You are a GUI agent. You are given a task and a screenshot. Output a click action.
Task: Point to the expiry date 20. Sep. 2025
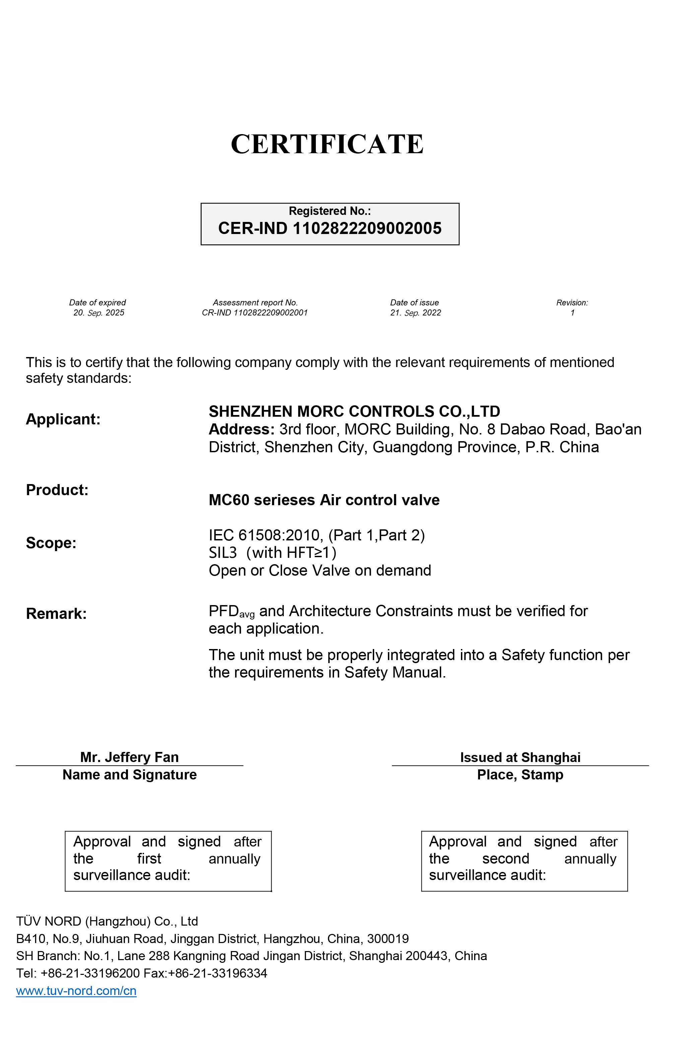point(99,313)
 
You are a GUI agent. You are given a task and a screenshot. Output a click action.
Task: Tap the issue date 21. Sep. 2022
point(415,313)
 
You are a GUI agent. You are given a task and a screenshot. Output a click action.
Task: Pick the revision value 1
point(572,313)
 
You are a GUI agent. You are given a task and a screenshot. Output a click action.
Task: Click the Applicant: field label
point(63,419)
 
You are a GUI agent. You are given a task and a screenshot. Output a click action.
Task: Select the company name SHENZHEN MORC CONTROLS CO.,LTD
point(354,411)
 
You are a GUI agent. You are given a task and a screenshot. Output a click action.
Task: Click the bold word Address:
point(241,429)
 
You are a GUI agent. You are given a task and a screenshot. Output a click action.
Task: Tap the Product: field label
point(57,490)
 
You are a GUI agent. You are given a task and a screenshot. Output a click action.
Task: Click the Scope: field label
point(51,543)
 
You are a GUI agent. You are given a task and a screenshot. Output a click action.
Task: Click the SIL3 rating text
point(223,553)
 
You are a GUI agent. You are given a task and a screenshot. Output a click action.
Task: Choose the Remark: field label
point(56,613)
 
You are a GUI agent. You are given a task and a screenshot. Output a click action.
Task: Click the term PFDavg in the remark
point(231,611)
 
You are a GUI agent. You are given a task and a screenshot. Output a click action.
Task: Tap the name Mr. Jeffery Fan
point(129,757)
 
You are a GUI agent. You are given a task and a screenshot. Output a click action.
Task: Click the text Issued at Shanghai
point(520,757)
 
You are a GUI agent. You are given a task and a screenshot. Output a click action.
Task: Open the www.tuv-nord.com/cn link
point(76,991)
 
